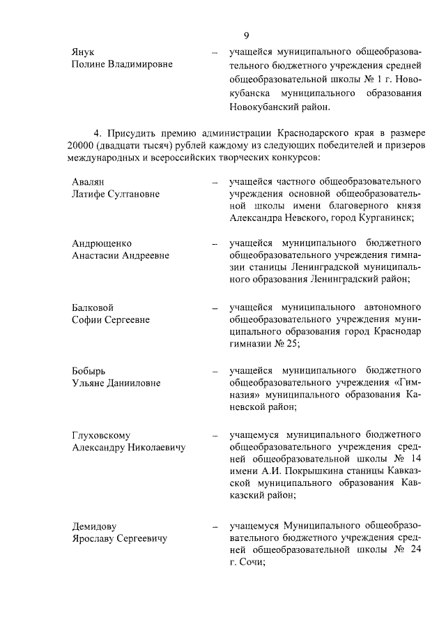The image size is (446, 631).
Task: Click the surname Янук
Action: click(x=84, y=52)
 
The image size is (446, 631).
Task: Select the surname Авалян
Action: click(x=88, y=181)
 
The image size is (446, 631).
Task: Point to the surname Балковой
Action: click(x=93, y=307)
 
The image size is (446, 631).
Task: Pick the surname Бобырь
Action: click(x=89, y=370)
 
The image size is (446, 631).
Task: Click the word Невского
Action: click(x=311, y=218)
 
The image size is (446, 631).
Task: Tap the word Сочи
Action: click(x=245, y=564)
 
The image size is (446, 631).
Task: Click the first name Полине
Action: click(x=90, y=66)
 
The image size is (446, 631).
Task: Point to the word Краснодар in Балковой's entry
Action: click(x=397, y=331)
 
